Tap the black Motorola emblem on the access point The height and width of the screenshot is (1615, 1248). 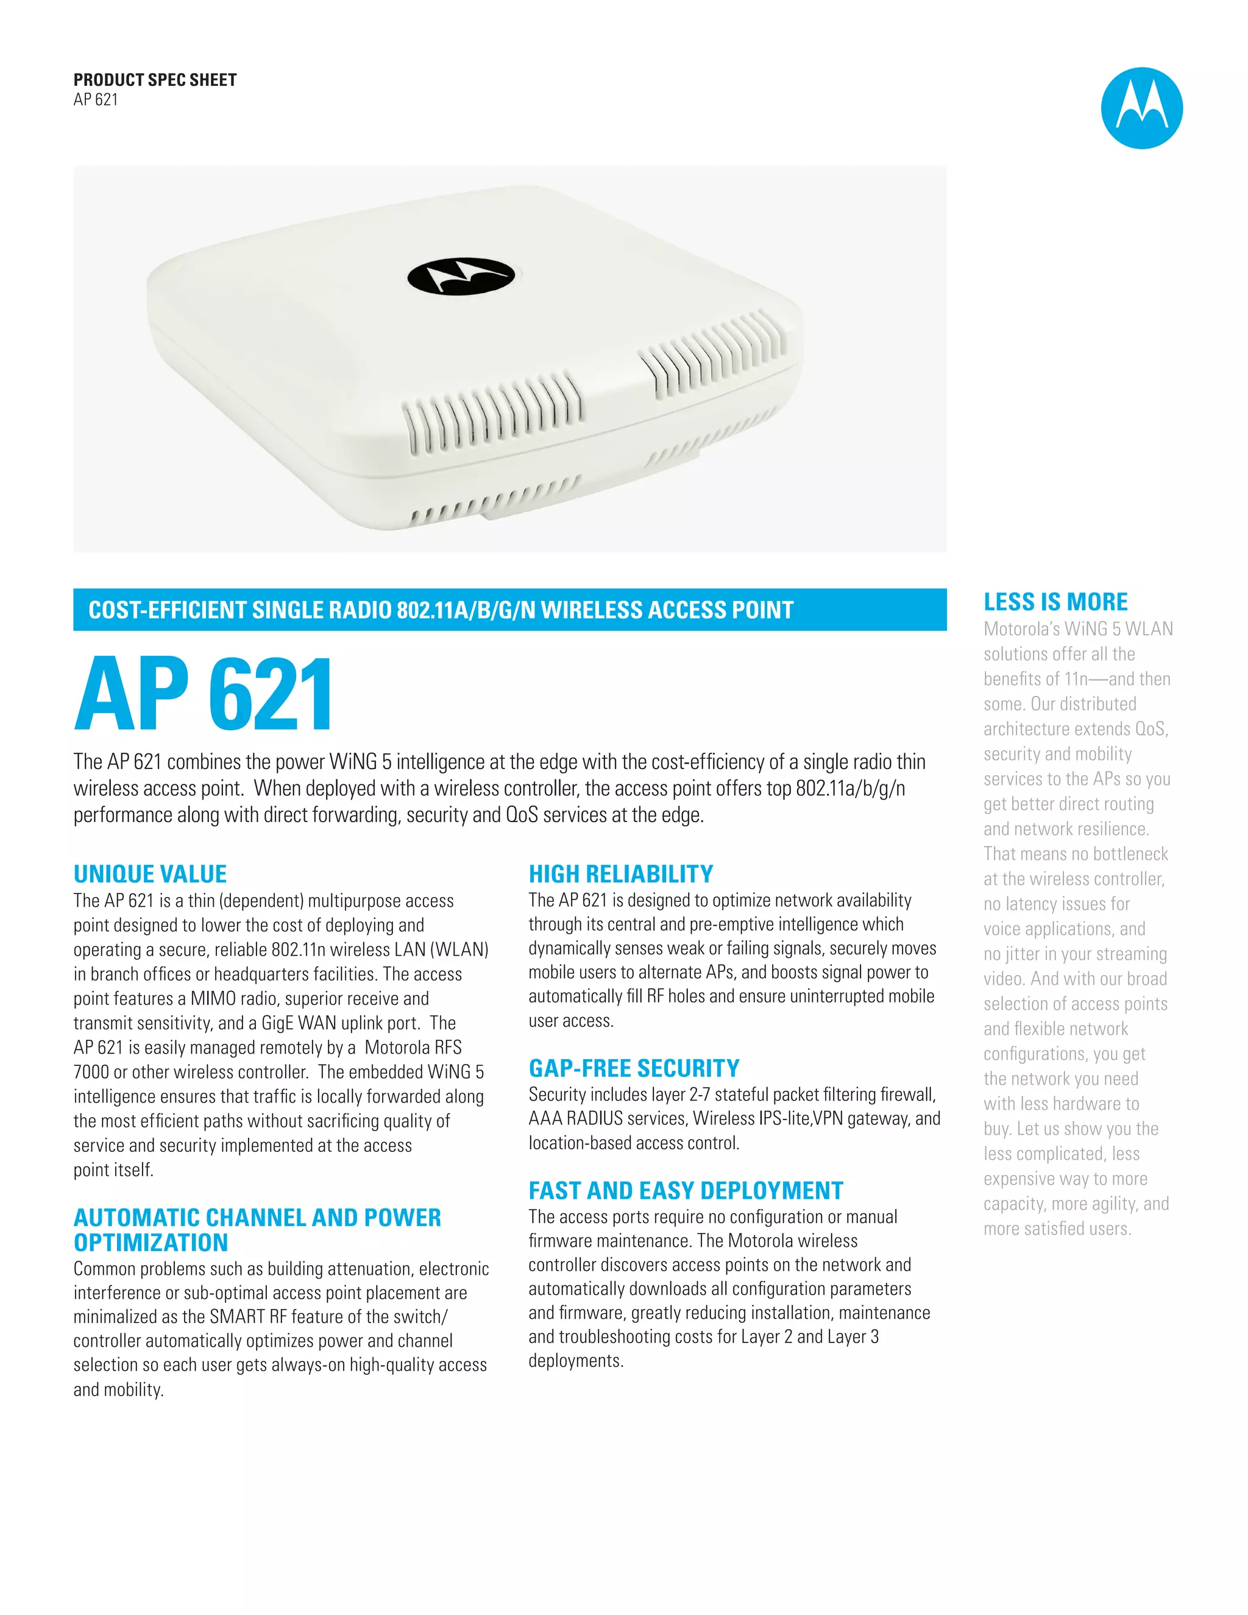tap(461, 277)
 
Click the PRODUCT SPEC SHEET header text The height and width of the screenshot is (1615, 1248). tap(155, 80)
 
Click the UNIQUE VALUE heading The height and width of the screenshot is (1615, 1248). tap(150, 874)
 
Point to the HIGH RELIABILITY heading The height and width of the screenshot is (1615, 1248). tap(620, 874)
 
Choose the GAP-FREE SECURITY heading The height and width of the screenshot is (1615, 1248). tap(634, 1068)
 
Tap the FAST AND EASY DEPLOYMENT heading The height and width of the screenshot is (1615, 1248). tap(686, 1191)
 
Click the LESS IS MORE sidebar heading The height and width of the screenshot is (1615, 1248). tap(1055, 602)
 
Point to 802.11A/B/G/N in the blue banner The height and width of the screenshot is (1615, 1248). tap(465, 610)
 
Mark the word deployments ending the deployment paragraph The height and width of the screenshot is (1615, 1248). tap(575, 1361)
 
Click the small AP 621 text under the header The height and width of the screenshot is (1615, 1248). tap(96, 100)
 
